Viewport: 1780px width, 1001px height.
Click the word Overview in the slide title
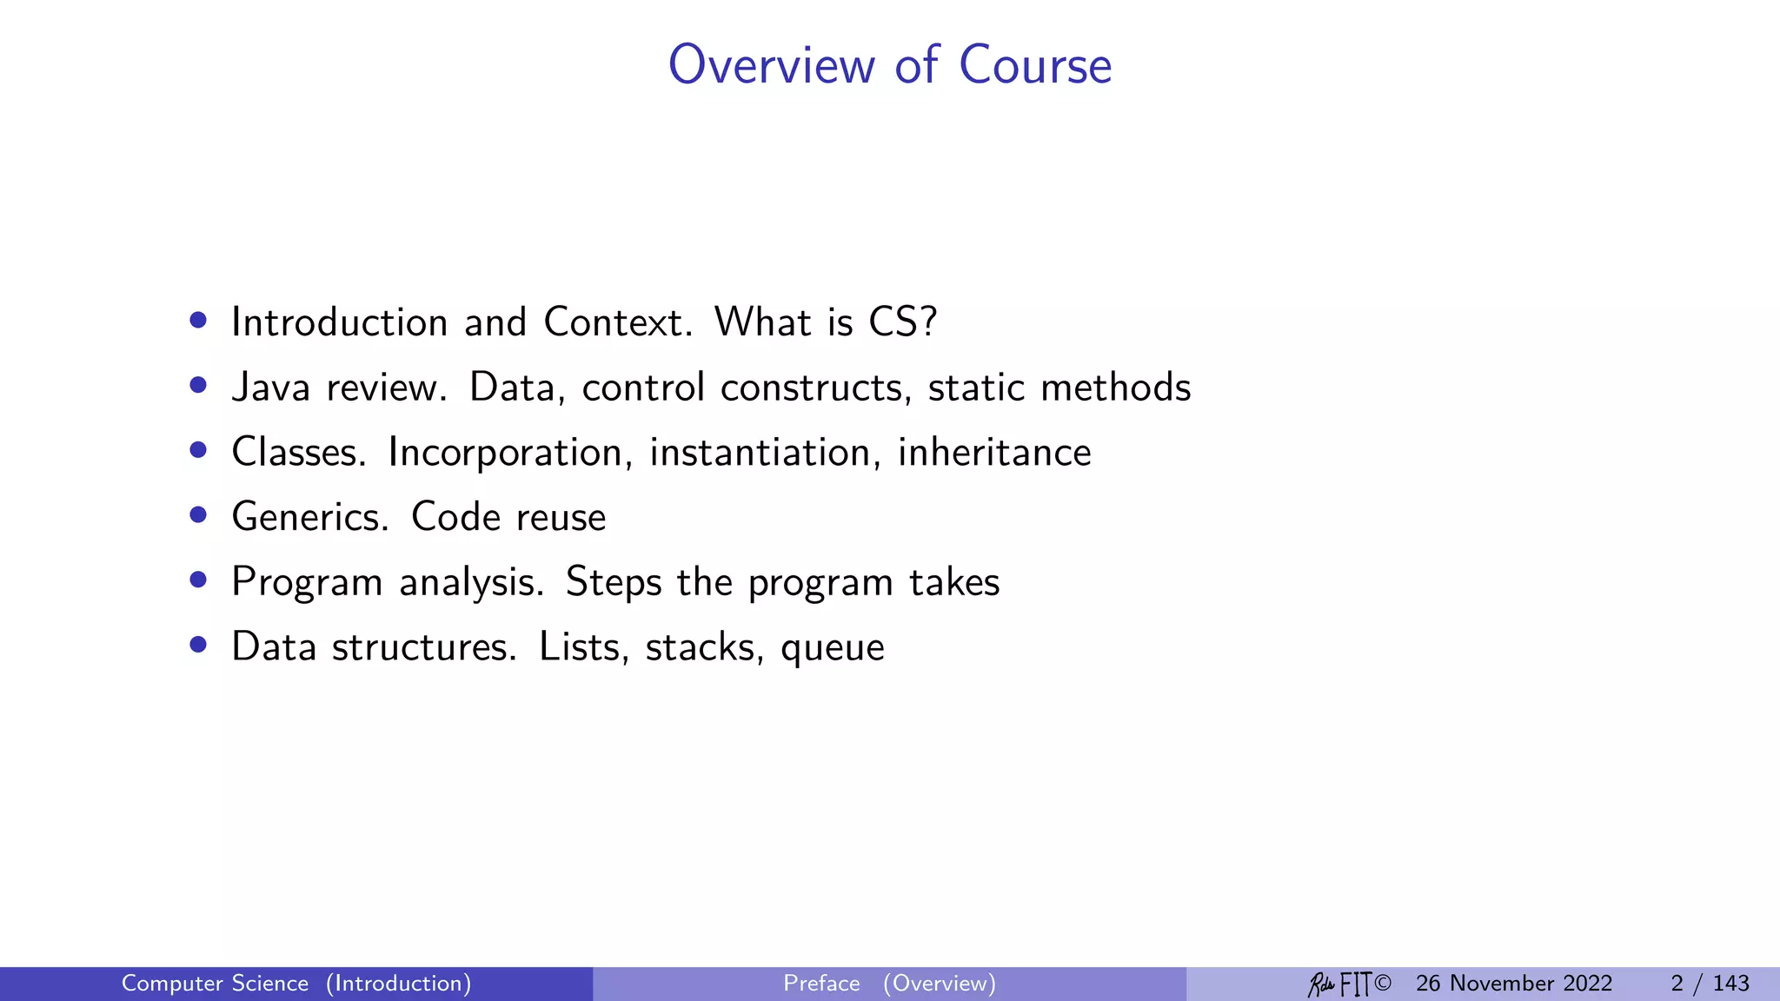click(x=772, y=65)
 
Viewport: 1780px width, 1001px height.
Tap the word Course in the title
click(x=1035, y=65)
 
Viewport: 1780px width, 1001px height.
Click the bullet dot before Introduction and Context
click(x=198, y=321)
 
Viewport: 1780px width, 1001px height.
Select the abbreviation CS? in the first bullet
click(x=903, y=322)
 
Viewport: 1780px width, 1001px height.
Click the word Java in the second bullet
click(x=270, y=388)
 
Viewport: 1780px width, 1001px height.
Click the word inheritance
click(x=994, y=453)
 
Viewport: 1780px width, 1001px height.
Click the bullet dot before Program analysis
click(x=198, y=580)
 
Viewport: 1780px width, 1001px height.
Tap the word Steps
click(x=614, y=583)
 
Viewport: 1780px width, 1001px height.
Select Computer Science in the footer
click(x=215, y=984)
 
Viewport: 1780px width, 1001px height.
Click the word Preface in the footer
click(x=821, y=984)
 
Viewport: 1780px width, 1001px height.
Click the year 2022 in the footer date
click(x=1587, y=984)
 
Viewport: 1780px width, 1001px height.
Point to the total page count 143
click(x=1730, y=984)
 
